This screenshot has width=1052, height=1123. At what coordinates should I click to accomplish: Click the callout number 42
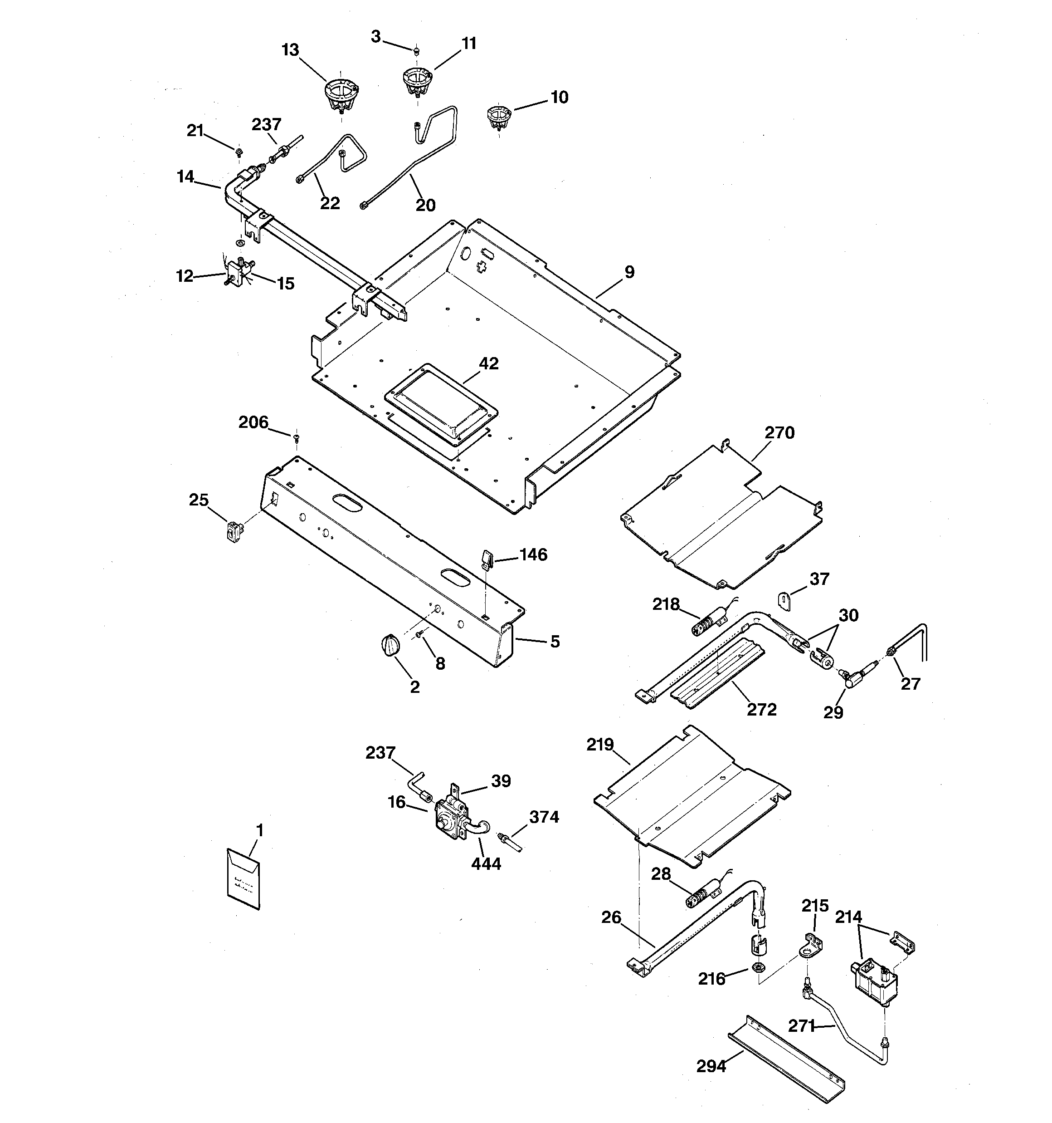click(488, 364)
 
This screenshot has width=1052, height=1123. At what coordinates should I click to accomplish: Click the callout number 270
click(779, 433)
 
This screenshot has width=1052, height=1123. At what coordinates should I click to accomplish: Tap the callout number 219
click(600, 745)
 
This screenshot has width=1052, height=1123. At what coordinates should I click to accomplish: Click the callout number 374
click(544, 817)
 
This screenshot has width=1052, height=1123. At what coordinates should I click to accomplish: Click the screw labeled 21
click(239, 151)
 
